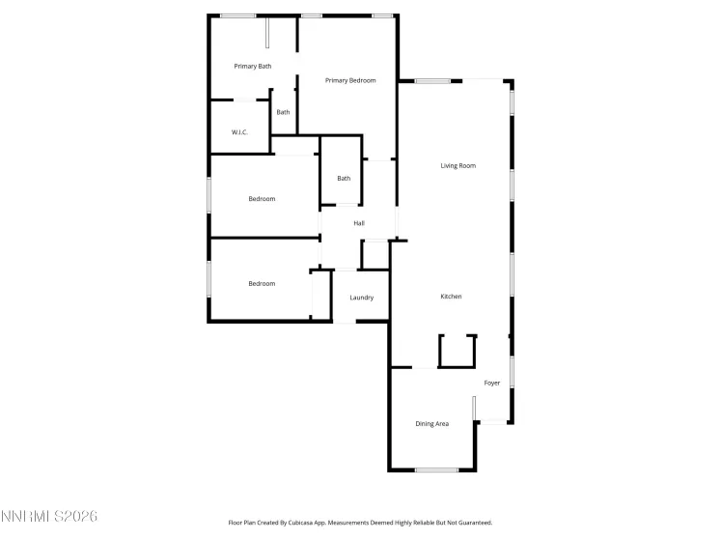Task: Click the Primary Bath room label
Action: pyautogui.click(x=253, y=67)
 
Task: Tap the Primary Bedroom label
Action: pyautogui.click(x=350, y=80)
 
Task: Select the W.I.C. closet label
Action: pyautogui.click(x=239, y=132)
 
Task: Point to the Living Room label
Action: pyautogui.click(x=458, y=166)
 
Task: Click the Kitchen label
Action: pyautogui.click(x=451, y=297)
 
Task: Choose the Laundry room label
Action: pyautogui.click(x=361, y=298)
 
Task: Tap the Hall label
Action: pyautogui.click(x=359, y=224)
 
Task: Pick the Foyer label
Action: pyautogui.click(x=492, y=384)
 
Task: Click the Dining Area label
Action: pyautogui.click(x=432, y=424)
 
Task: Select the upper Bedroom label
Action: pyautogui.click(x=262, y=199)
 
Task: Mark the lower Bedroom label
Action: pyautogui.click(x=262, y=284)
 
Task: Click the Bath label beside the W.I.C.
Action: pyautogui.click(x=283, y=113)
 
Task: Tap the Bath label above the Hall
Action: pyautogui.click(x=344, y=179)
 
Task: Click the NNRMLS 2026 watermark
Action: pyautogui.click(x=49, y=518)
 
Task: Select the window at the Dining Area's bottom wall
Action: pyautogui.click(x=436, y=470)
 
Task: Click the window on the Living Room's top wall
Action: pyautogui.click(x=433, y=81)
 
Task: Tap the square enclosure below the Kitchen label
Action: pyautogui.click(x=458, y=351)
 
